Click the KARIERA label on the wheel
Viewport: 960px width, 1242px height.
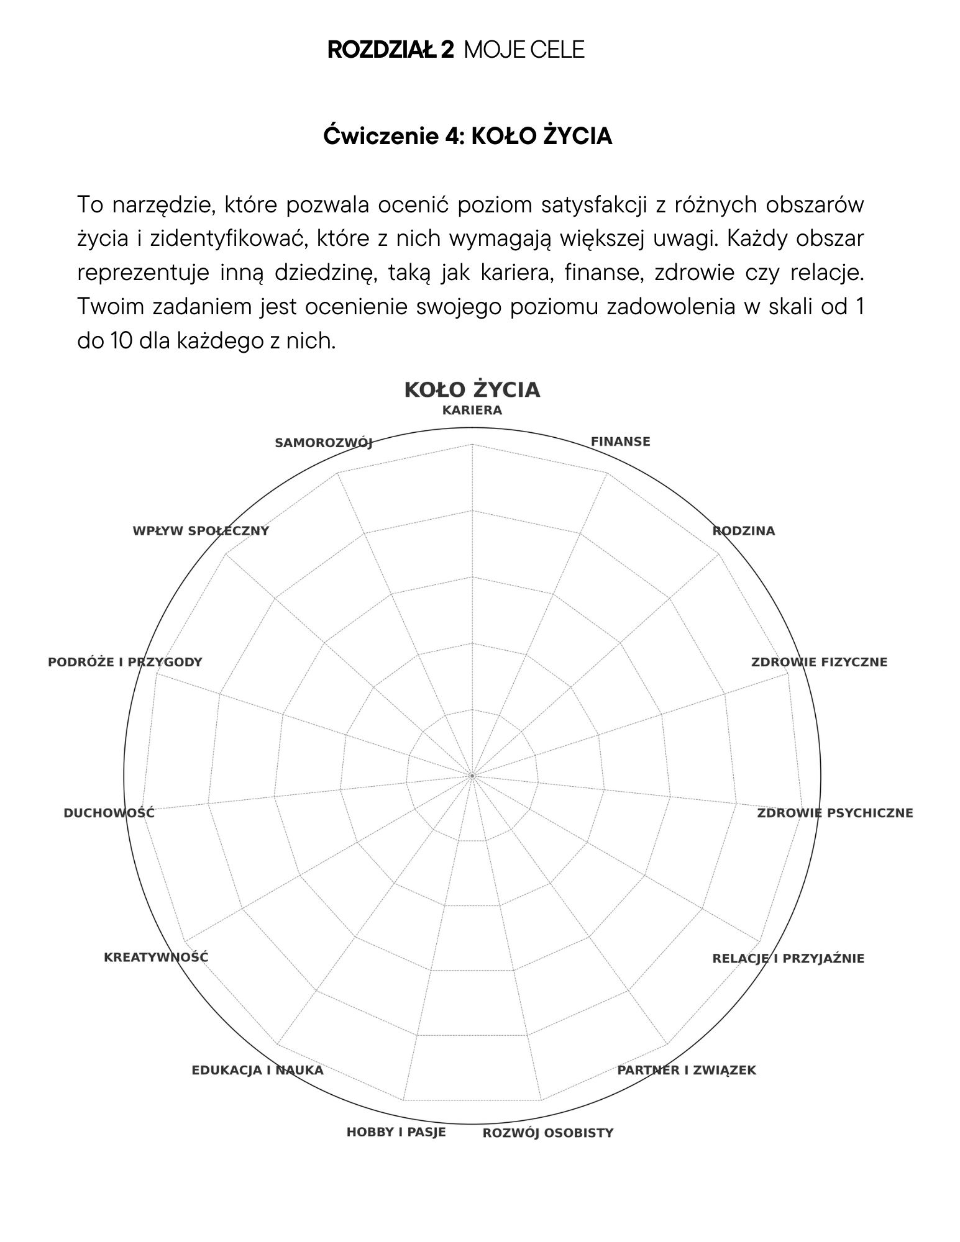pyautogui.click(x=472, y=410)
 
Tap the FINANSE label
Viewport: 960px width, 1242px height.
pyautogui.click(x=620, y=442)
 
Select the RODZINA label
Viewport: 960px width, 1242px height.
pyautogui.click(x=743, y=531)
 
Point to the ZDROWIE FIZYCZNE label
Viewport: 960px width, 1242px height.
pyautogui.click(x=819, y=662)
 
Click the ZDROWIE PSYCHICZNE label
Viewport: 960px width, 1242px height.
pyautogui.click(x=834, y=813)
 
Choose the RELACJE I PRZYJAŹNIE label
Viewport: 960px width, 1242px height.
pyautogui.click(x=788, y=958)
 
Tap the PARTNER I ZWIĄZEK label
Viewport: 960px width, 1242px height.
pyautogui.click(x=686, y=1070)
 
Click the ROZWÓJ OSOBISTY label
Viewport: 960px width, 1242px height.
pyautogui.click(x=547, y=1133)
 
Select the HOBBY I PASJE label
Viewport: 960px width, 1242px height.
pyautogui.click(x=396, y=1132)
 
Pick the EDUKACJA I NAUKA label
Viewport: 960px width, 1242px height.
pyautogui.click(x=257, y=1070)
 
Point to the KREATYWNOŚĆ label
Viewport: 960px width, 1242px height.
pyautogui.click(x=156, y=957)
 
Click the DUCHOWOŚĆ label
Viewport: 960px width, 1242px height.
pyautogui.click(x=109, y=813)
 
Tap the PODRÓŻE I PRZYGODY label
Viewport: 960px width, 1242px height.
pyautogui.click(x=125, y=662)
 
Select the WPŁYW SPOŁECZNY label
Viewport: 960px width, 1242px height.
pyautogui.click(x=201, y=531)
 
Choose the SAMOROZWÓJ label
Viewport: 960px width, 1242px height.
pyautogui.click(x=323, y=443)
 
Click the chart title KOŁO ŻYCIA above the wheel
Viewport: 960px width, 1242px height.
pyautogui.click(x=472, y=390)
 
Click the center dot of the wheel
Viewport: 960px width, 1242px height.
pyautogui.click(x=472, y=776)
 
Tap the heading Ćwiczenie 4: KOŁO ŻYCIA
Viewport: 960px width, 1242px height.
pyautogui.click(x=467, y=136)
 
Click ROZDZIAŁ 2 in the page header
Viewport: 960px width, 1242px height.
pyautogui.click(x=390, y=50)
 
